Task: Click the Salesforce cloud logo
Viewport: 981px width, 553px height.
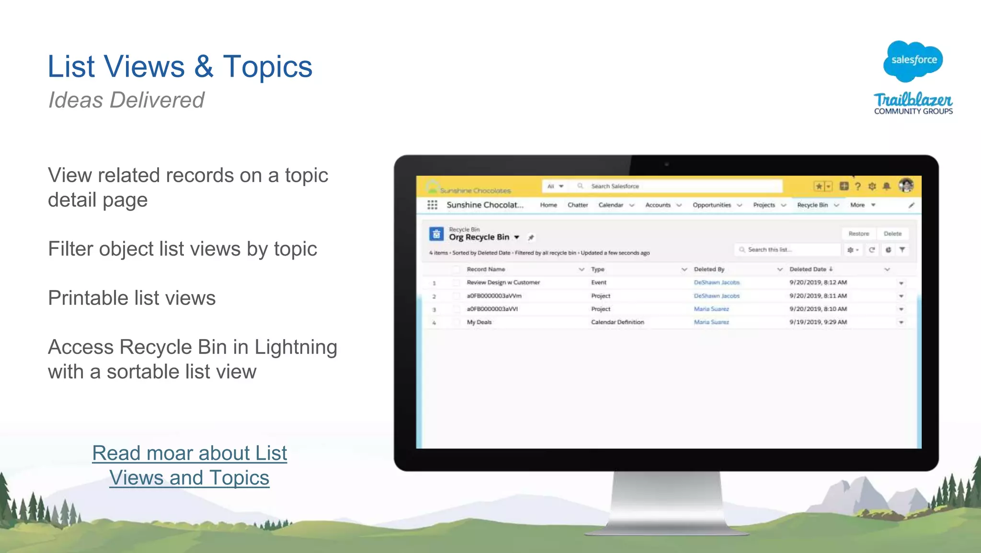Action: (x=913, y=60)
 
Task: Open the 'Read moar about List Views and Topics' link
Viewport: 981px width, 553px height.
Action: (x=190, y=465)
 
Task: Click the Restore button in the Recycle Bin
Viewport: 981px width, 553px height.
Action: (x=858, y=234)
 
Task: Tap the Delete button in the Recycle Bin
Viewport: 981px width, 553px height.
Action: (x=892, y=234)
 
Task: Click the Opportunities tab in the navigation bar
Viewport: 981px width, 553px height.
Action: (x=712, y=205)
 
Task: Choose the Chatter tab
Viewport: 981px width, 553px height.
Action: (x=578, y=205)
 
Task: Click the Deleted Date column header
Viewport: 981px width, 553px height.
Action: (x=808, y=269)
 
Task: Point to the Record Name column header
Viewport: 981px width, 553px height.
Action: (x=486, y=269)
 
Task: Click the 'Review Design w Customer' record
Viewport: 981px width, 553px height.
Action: (x=503, y=282)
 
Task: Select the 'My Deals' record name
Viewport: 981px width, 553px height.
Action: (x=479, y=322)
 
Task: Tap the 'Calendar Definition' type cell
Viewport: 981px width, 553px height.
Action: (x=617, y=322)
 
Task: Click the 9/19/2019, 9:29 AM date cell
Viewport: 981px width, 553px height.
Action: (x=818, y=322)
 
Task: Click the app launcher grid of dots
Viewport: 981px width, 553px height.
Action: (x=432, y=205)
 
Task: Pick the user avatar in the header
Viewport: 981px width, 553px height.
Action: (x=906, y=185)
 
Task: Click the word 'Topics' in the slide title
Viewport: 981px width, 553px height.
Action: (x=267, y=66)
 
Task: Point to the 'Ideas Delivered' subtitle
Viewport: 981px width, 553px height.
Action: (x=126, y=100)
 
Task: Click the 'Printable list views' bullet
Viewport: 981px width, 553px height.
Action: (x=132, y=298)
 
